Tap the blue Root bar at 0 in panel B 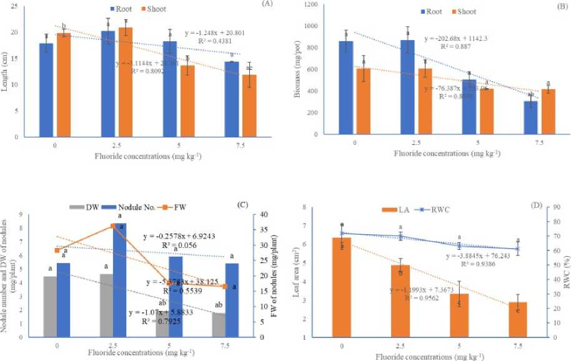(x=345, y=87)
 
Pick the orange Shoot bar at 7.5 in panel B (x=548, y=111)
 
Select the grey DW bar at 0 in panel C (x=49, y=306)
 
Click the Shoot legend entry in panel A (x=162, y=10)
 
